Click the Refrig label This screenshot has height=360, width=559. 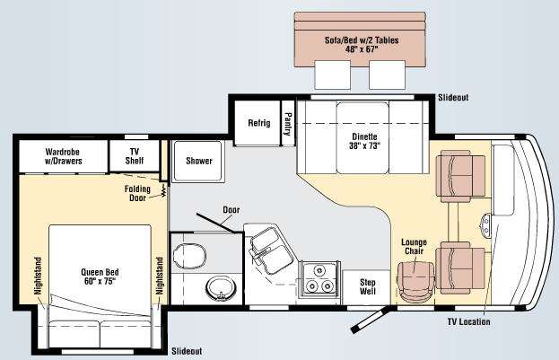click(x=259, y=123)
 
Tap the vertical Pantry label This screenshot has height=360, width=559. click(x=288, y=124)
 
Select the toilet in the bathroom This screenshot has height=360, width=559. click(x=189, y=256)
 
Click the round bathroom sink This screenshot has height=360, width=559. click(x=221, y=288)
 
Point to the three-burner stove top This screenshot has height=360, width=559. click(x=319, y=279)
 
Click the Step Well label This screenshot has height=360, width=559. click(x=368, y=286)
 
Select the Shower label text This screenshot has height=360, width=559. click(x=199, y=161)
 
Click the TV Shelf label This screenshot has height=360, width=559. click(x=135, y=156)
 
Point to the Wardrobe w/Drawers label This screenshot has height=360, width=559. click(x=63, y=156)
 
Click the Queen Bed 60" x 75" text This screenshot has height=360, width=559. click(x=100, y=277)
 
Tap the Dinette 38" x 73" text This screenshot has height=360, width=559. click(x=364, y=141)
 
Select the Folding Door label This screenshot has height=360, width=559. click(x=137, y=193)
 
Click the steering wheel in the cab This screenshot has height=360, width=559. click(x=485, y=225)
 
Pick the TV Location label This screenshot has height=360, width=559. click(x=468, y=321)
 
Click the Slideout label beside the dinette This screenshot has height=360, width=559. click(x=453, y=97)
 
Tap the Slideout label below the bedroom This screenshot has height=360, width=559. click(x=187, y=351)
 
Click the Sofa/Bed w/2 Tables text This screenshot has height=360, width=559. click(x=362, y=45)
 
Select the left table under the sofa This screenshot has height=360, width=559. click(x=333, y=75)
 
